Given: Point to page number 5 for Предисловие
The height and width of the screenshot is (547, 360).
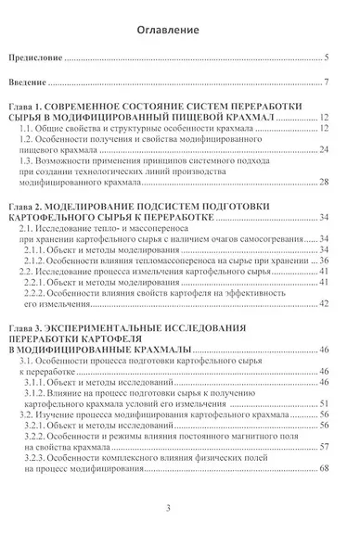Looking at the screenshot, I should coord(328,58).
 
